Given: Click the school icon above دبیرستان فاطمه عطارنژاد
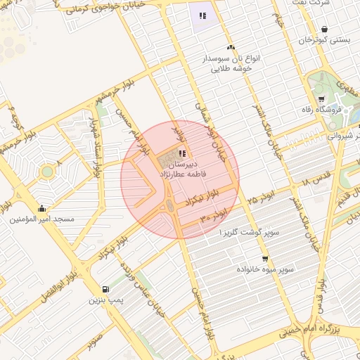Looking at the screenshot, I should point(182,153).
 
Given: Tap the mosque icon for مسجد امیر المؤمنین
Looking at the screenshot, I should point(42,208).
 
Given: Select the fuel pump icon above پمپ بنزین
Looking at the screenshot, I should point(105,289).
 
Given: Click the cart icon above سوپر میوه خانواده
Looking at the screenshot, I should point(265,258).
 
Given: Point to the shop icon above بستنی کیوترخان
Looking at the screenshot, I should point(324,30).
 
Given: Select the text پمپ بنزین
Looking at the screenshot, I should point(105,301).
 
